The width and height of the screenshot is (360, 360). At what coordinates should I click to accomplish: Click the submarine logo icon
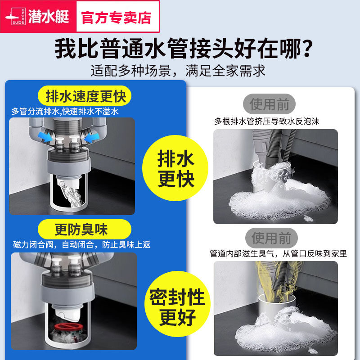pyautogui.click(x=15, y=17)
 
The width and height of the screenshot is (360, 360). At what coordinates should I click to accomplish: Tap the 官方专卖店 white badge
pyautogui.click(x=117, y=17)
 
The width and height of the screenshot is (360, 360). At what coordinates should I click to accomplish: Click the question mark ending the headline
pyautogui.click(x=306, y=49)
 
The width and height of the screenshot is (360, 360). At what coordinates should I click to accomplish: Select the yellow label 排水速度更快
pyautogui.click(x=85, y=96)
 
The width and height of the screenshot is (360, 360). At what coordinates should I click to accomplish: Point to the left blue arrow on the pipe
pyautogui.click(x=45, y=137)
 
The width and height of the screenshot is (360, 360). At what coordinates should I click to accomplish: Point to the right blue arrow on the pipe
pyautogui.click(x=92, y=138)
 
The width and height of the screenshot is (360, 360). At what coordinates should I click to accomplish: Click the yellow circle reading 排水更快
pyautogui.click(x=175, y=168)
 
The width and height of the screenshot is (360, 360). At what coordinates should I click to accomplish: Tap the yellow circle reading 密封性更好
pyautogui.click(x=177, y=304)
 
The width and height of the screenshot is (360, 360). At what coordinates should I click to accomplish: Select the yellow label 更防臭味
pyautogui.click(x=85, y=229)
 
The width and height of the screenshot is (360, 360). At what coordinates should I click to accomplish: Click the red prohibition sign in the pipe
pyautogui.click(x=67, y=327)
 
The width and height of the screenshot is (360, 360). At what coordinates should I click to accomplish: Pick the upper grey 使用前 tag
pyautogui.click(x=269, y=104)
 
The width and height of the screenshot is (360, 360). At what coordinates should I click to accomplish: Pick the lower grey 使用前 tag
pyautogui.click(x=271, y=238)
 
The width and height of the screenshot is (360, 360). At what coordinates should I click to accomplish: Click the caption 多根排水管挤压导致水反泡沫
pyautogui.click(x=267, y=121)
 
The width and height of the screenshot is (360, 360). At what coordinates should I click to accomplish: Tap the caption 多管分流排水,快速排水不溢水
pyautogui.click(x=65, y=112)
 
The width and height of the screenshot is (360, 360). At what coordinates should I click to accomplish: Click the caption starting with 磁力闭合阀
pyautogui.click(x=82, y=245)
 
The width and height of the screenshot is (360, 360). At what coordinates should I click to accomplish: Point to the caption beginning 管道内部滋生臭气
pyautogui.click(x=278, y=254)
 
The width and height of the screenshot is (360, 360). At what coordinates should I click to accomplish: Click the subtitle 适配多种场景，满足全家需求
pyautogui.click(x=178, y=71)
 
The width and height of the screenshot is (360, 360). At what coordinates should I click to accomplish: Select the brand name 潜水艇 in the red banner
pyautogui.click(x=49, y=17)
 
